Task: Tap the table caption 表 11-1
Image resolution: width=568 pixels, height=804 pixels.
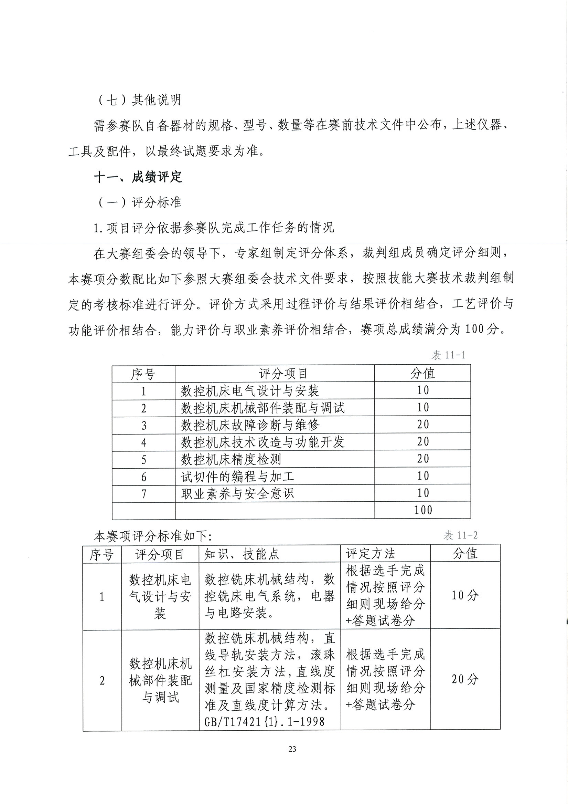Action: click(x=448, y=355)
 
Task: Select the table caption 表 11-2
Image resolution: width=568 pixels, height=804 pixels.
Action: click(x=461, y=535)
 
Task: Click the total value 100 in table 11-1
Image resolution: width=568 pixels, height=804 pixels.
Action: click(x=423, y=510)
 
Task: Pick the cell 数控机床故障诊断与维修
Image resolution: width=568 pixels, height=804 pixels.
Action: click(x=250, y=425)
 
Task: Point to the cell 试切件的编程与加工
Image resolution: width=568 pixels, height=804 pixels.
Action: click(x=237, y=476)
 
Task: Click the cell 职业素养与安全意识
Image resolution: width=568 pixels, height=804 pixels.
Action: click(x=237, y=493)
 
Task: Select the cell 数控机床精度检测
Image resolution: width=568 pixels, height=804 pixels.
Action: click(x=231, y=459)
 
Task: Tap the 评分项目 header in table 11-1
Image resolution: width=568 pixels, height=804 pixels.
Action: click(x=283, y=374)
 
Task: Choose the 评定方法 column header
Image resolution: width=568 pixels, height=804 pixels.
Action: click(x=370, y=554)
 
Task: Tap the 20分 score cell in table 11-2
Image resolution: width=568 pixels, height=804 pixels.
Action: click(x=465, y=679)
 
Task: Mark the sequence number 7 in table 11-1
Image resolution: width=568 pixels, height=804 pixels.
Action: click(x=143, y=493)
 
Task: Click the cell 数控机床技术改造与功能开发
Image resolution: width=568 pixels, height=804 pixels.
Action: click(x=262, y=442)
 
